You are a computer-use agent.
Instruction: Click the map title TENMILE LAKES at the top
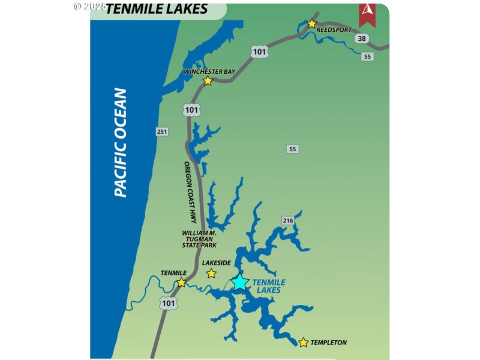point(157,8)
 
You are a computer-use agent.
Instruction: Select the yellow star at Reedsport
point(311,24)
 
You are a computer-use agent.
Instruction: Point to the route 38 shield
point(361,39)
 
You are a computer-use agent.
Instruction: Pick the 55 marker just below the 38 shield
point(368,56)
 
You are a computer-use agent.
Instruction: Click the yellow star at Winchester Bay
point(208,81)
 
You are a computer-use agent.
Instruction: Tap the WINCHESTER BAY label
point(209,71)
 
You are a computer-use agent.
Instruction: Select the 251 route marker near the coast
point(162,131)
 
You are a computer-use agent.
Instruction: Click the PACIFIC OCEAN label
point(121,143)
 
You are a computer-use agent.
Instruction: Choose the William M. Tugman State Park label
point(200,239)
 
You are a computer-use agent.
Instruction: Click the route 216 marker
point(288,221)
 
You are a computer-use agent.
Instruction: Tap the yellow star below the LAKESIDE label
point(211,274)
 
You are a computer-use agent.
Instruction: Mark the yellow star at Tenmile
point(181,282)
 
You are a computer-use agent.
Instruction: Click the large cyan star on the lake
point(240,282)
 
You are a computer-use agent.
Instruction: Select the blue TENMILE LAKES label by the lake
point(268,286)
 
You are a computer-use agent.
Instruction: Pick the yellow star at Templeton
point(303,343)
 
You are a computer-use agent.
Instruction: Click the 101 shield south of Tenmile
point(169,304)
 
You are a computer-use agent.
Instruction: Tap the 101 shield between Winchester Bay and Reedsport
point(259,52)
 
